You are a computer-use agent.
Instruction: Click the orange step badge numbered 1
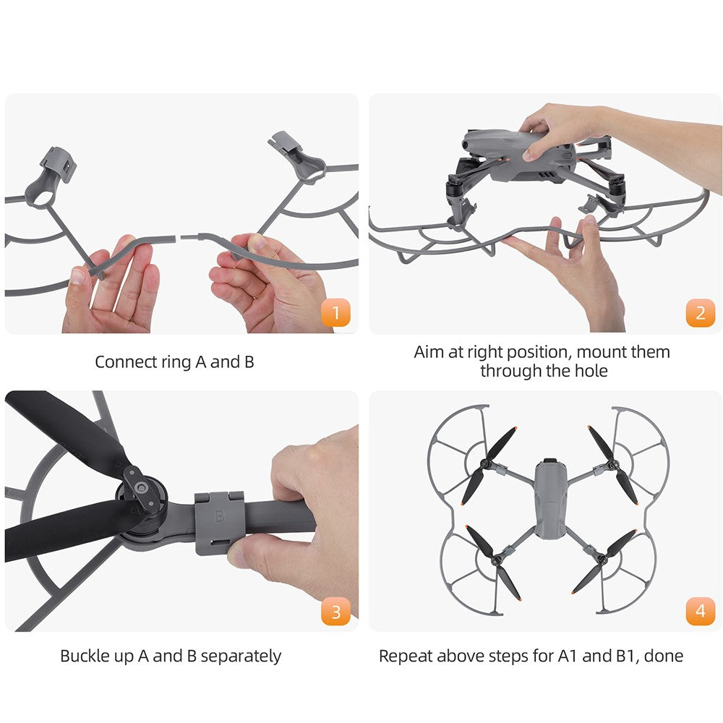click(335, 312)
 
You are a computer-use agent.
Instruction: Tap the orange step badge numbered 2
click(701, 312)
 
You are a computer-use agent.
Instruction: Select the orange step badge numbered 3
click(335, 612)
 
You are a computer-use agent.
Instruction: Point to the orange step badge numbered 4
click(701, 612)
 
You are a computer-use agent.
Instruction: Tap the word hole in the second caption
click(591, 371)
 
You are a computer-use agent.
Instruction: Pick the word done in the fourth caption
click(664, 656)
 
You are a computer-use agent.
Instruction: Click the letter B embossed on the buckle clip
click(220, 515)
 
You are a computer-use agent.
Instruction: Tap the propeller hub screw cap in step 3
click(141, 487)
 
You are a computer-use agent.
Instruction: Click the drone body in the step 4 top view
click(549, 499)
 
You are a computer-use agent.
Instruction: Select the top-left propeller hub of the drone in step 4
click(486, 463)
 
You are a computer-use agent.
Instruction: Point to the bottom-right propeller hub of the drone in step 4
click(602, 559)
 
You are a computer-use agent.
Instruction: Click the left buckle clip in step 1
click(59, 164)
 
